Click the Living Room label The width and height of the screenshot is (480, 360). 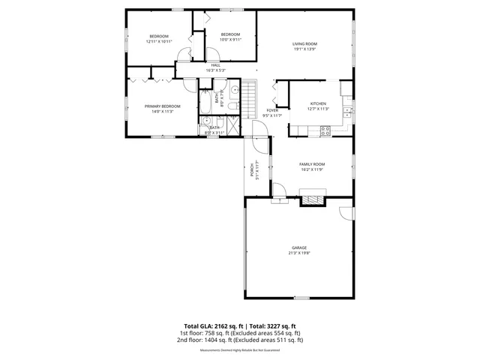[304, 46]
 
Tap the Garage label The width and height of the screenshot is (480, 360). [299, 250]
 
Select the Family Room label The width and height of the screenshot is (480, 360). [312, 166]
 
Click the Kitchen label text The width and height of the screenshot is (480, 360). [319, 106]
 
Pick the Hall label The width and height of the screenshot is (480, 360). [215, 67]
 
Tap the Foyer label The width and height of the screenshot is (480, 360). [272, 112]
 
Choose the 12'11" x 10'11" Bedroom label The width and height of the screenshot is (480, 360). [158, 39]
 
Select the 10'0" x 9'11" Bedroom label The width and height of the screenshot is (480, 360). [230, 37]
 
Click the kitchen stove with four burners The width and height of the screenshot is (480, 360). [325, 130]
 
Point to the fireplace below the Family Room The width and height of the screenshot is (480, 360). [310, 200]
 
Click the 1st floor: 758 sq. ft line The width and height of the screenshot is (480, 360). [240, 333]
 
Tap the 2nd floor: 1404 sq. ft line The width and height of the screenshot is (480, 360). [240, 340]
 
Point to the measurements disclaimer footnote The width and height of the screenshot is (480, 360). [240, 350]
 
